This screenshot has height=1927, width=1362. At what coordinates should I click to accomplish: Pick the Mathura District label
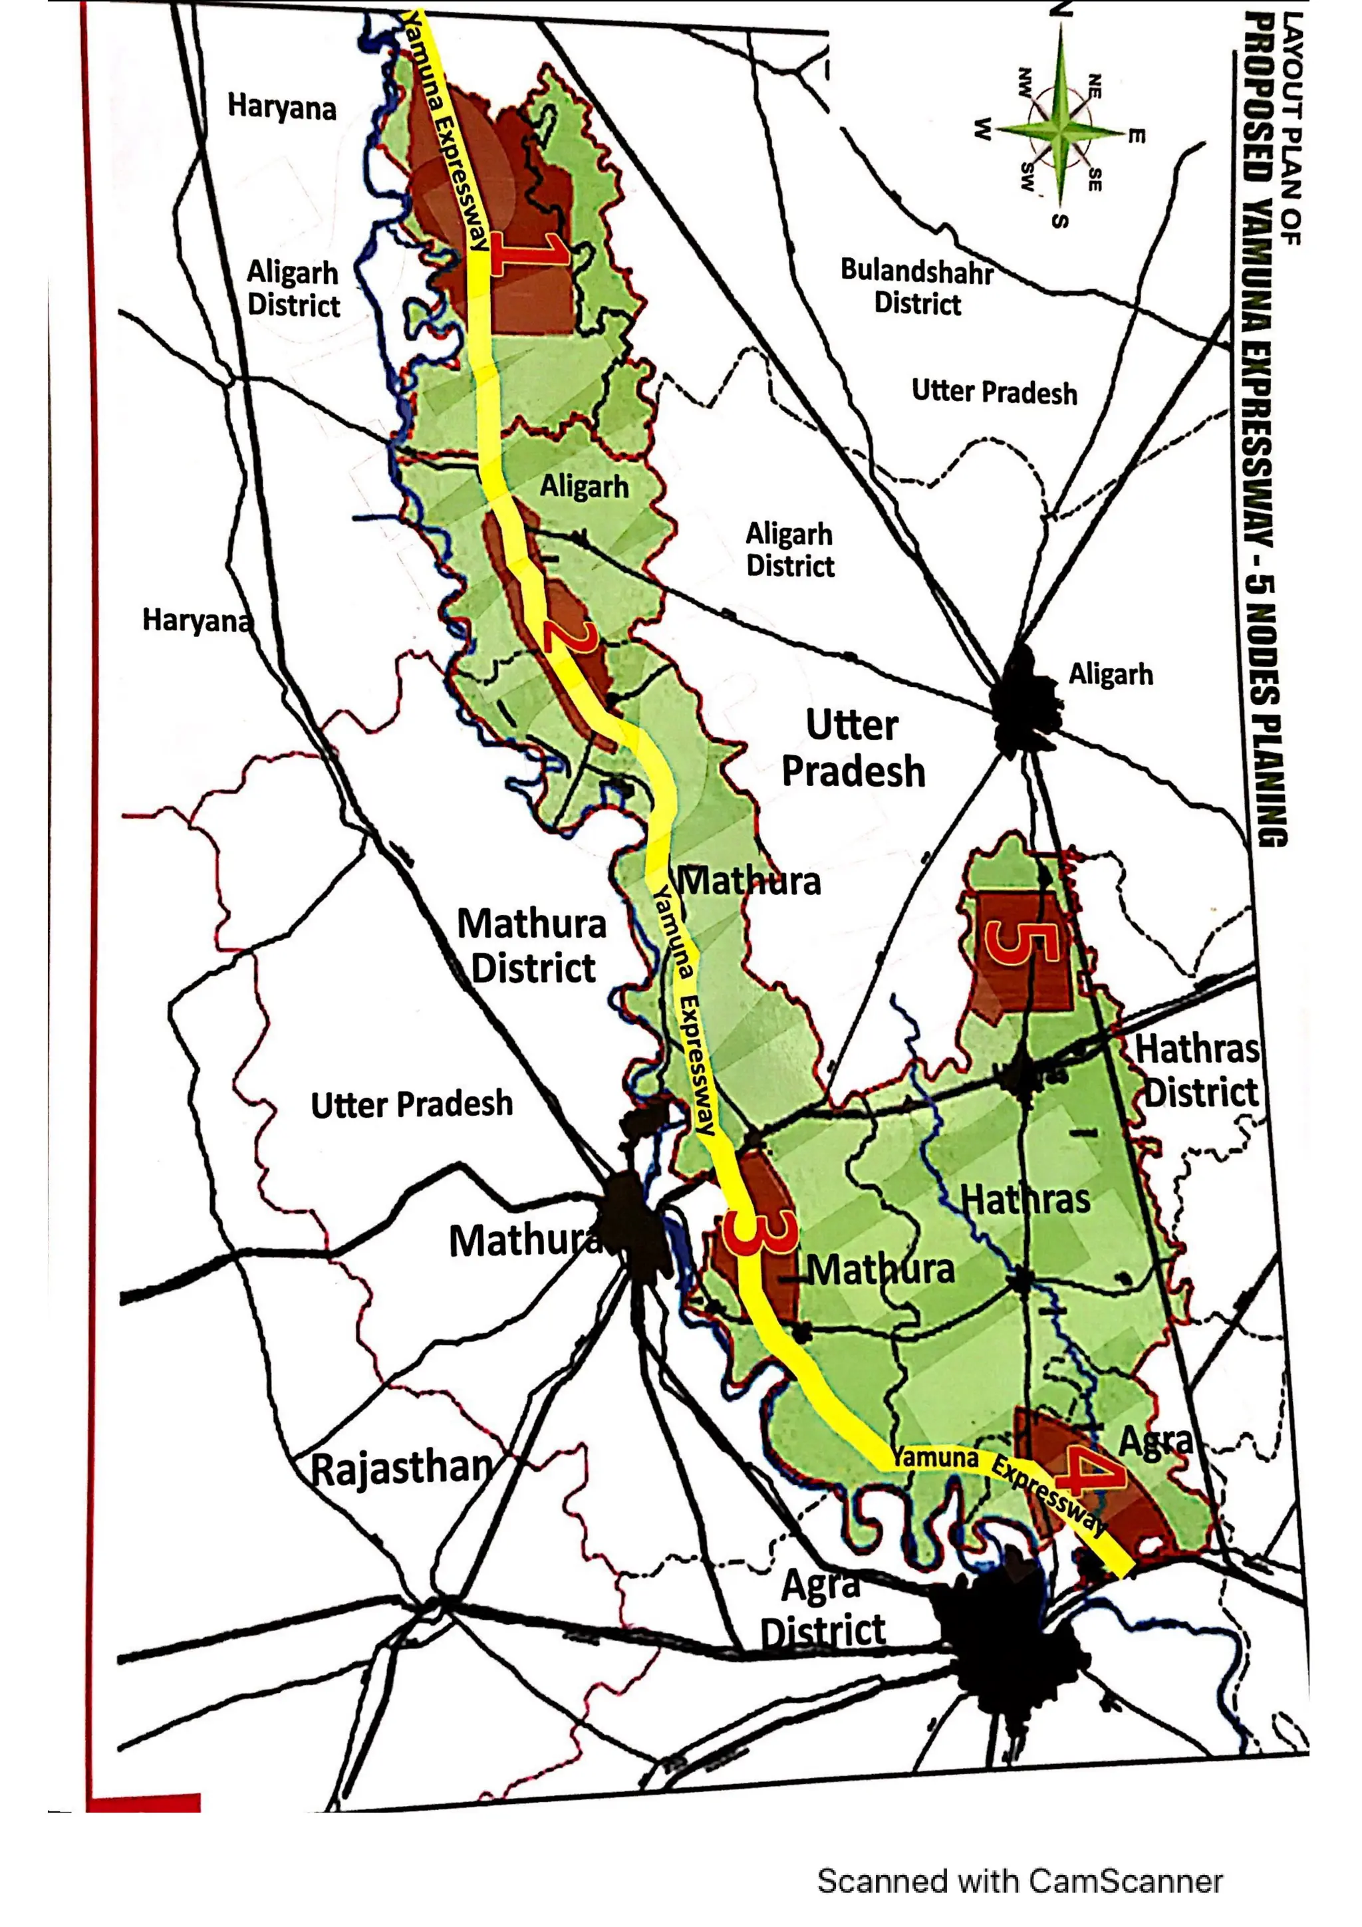[x=532, y=946]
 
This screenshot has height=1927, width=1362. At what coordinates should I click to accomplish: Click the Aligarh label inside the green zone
[x=584, y=486]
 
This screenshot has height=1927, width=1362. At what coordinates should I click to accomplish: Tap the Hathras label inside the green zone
[x=1025, y=1200]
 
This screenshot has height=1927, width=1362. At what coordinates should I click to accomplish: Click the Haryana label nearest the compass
[x=282, y=108]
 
